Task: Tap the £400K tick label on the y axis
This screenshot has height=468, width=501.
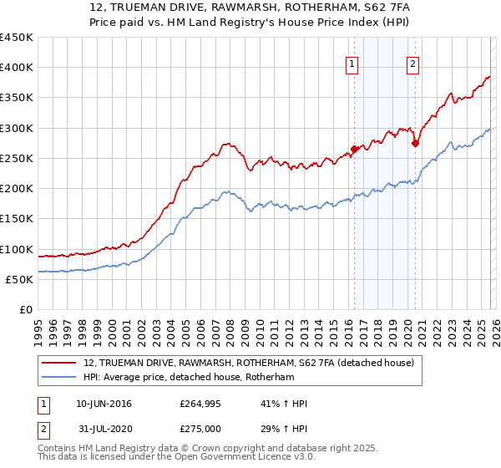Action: tap(17, 68)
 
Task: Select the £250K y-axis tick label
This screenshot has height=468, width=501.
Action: tap(17, 158)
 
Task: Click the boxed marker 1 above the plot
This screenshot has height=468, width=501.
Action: tap(352, 64)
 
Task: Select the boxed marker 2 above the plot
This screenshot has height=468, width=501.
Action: tap(413, 64)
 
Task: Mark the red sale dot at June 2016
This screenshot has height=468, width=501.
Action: tap(354, 150)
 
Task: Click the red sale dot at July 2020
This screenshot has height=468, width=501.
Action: tap(415, 144)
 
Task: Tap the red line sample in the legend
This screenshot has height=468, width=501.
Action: tap(60, 364)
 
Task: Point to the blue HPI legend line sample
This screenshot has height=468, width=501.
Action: tap(60, 377)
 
